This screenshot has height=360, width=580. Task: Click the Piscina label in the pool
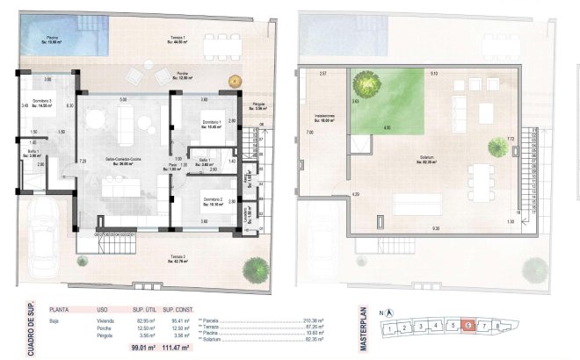52,40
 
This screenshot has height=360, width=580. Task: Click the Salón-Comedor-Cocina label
125,161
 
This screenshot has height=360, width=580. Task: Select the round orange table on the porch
235,81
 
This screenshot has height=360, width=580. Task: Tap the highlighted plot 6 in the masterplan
468,326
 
